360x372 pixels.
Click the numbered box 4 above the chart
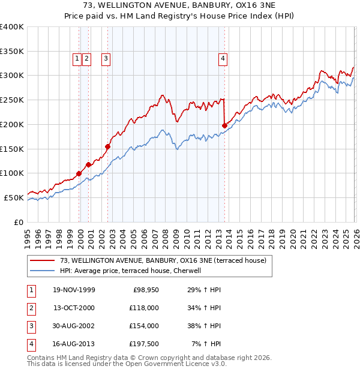pyautogui.click(x=223, y=59)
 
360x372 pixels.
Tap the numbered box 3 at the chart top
pyautogui.click(x=106, y=59)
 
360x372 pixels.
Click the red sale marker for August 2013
pyautogui.click(x=224, y=125)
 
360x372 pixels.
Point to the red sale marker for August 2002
pyautogui.click(x=108, y=146)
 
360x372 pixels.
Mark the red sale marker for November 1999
pyautogui.click(x=79, y=173)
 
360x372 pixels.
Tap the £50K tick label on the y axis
pyautogui.click(x=14, y=197)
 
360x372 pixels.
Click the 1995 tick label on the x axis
pyautogui.click(x=28, y=233)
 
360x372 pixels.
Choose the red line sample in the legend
pyautogui.click(x=42, y=260)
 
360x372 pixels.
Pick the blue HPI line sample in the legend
pyautogui.click(x=42, y=271)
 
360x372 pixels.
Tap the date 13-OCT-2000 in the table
pyautogui.click(x=74, y=308)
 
